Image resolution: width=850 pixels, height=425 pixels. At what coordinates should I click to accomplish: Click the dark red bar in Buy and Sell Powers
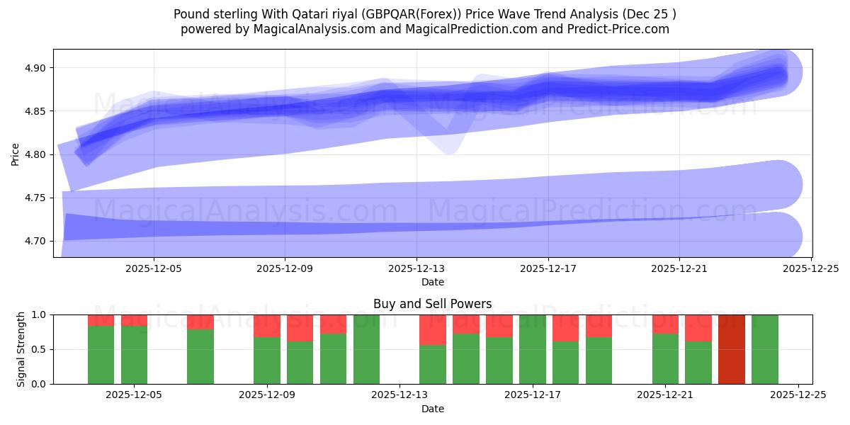(x=731, y=349)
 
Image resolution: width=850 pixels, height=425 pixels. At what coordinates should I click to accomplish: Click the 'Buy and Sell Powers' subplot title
(x=432, y=304)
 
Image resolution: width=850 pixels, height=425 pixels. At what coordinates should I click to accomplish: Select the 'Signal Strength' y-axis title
(x=21, y=349)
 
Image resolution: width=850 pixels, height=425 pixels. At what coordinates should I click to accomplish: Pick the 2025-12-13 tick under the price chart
(x=416, y=268)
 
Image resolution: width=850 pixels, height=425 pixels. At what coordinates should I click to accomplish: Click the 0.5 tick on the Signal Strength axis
(x=39, y=349)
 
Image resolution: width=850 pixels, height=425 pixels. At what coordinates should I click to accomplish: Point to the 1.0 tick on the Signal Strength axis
(x=39, y=314)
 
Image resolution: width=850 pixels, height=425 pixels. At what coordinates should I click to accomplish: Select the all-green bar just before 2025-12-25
(x=764, y=349)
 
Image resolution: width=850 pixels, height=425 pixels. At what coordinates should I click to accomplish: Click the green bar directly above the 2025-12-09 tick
(x=267, y=361)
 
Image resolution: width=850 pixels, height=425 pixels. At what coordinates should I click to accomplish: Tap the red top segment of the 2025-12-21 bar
(x=665, y=324)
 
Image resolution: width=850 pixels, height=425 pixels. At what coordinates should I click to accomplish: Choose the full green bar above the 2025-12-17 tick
(x=533, y=349)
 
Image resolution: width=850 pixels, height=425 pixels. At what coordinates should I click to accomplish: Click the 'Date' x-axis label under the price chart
(x=432, y=282)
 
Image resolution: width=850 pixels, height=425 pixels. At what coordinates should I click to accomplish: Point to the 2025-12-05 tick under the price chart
(x=154, y=268)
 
